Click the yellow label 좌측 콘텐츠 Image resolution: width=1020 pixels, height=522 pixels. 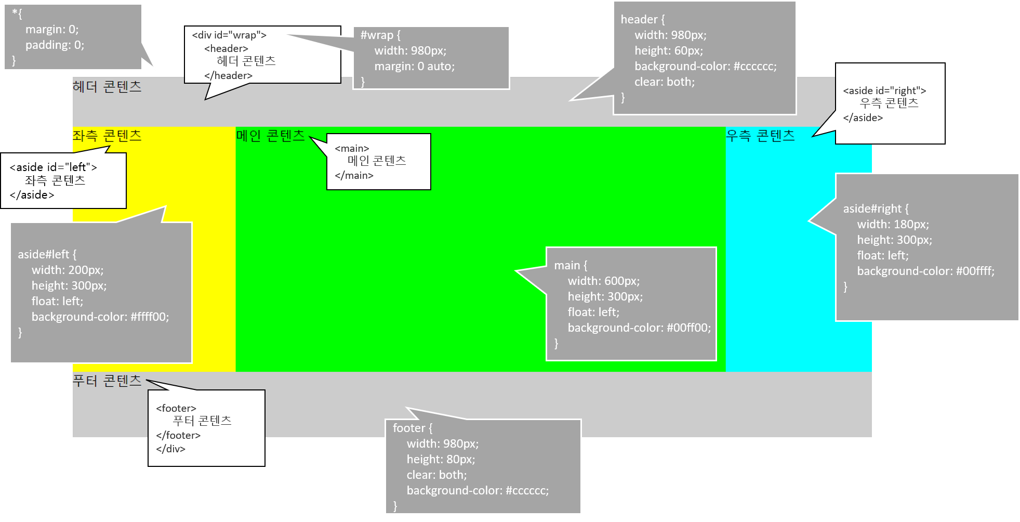[107, 136]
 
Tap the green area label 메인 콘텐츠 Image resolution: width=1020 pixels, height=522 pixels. [270, 136]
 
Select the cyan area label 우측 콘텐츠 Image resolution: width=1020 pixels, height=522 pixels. [760, 136]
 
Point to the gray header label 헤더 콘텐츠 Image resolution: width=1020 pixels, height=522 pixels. [107, 86]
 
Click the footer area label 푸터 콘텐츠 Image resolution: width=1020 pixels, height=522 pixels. [107, 381]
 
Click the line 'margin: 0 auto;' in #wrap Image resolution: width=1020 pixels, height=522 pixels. [414, 66]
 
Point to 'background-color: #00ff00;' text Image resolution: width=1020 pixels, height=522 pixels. [639, 328]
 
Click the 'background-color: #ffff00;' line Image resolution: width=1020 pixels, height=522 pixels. [100, 317]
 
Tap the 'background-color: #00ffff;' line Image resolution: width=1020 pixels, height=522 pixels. [925, 271]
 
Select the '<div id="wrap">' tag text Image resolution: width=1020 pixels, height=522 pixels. [229, 35]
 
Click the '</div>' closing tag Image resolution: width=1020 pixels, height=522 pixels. [170, 449]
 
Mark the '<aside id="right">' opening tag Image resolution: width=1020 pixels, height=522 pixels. [884, 90]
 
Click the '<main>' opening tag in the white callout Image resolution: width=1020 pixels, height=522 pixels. [352, 149]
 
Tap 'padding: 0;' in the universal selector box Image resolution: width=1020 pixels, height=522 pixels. [55, 45]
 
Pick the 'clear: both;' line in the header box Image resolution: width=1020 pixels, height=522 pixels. [664, 82]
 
